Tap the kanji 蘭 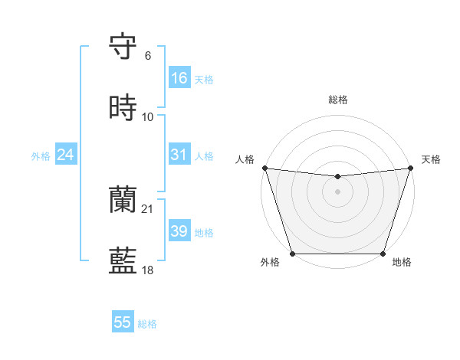[123, 201]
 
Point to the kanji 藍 [123, 260]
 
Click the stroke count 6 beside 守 [148, 55]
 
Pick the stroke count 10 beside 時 [148, 116]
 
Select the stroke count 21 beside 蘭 [148, 208]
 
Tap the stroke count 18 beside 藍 [148, 270]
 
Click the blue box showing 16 [179, 78]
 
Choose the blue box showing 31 [179, 155]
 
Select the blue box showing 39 [179, 231]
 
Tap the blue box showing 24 [65, 155]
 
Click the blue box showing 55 [123, 322]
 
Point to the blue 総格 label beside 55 [147, 324]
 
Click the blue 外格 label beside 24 [41, 156]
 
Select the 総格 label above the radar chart [337, 100]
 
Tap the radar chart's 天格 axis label [431, 159]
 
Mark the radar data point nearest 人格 [264, 168]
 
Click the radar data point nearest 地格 [383, 254]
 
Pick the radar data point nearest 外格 [292, 254]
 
